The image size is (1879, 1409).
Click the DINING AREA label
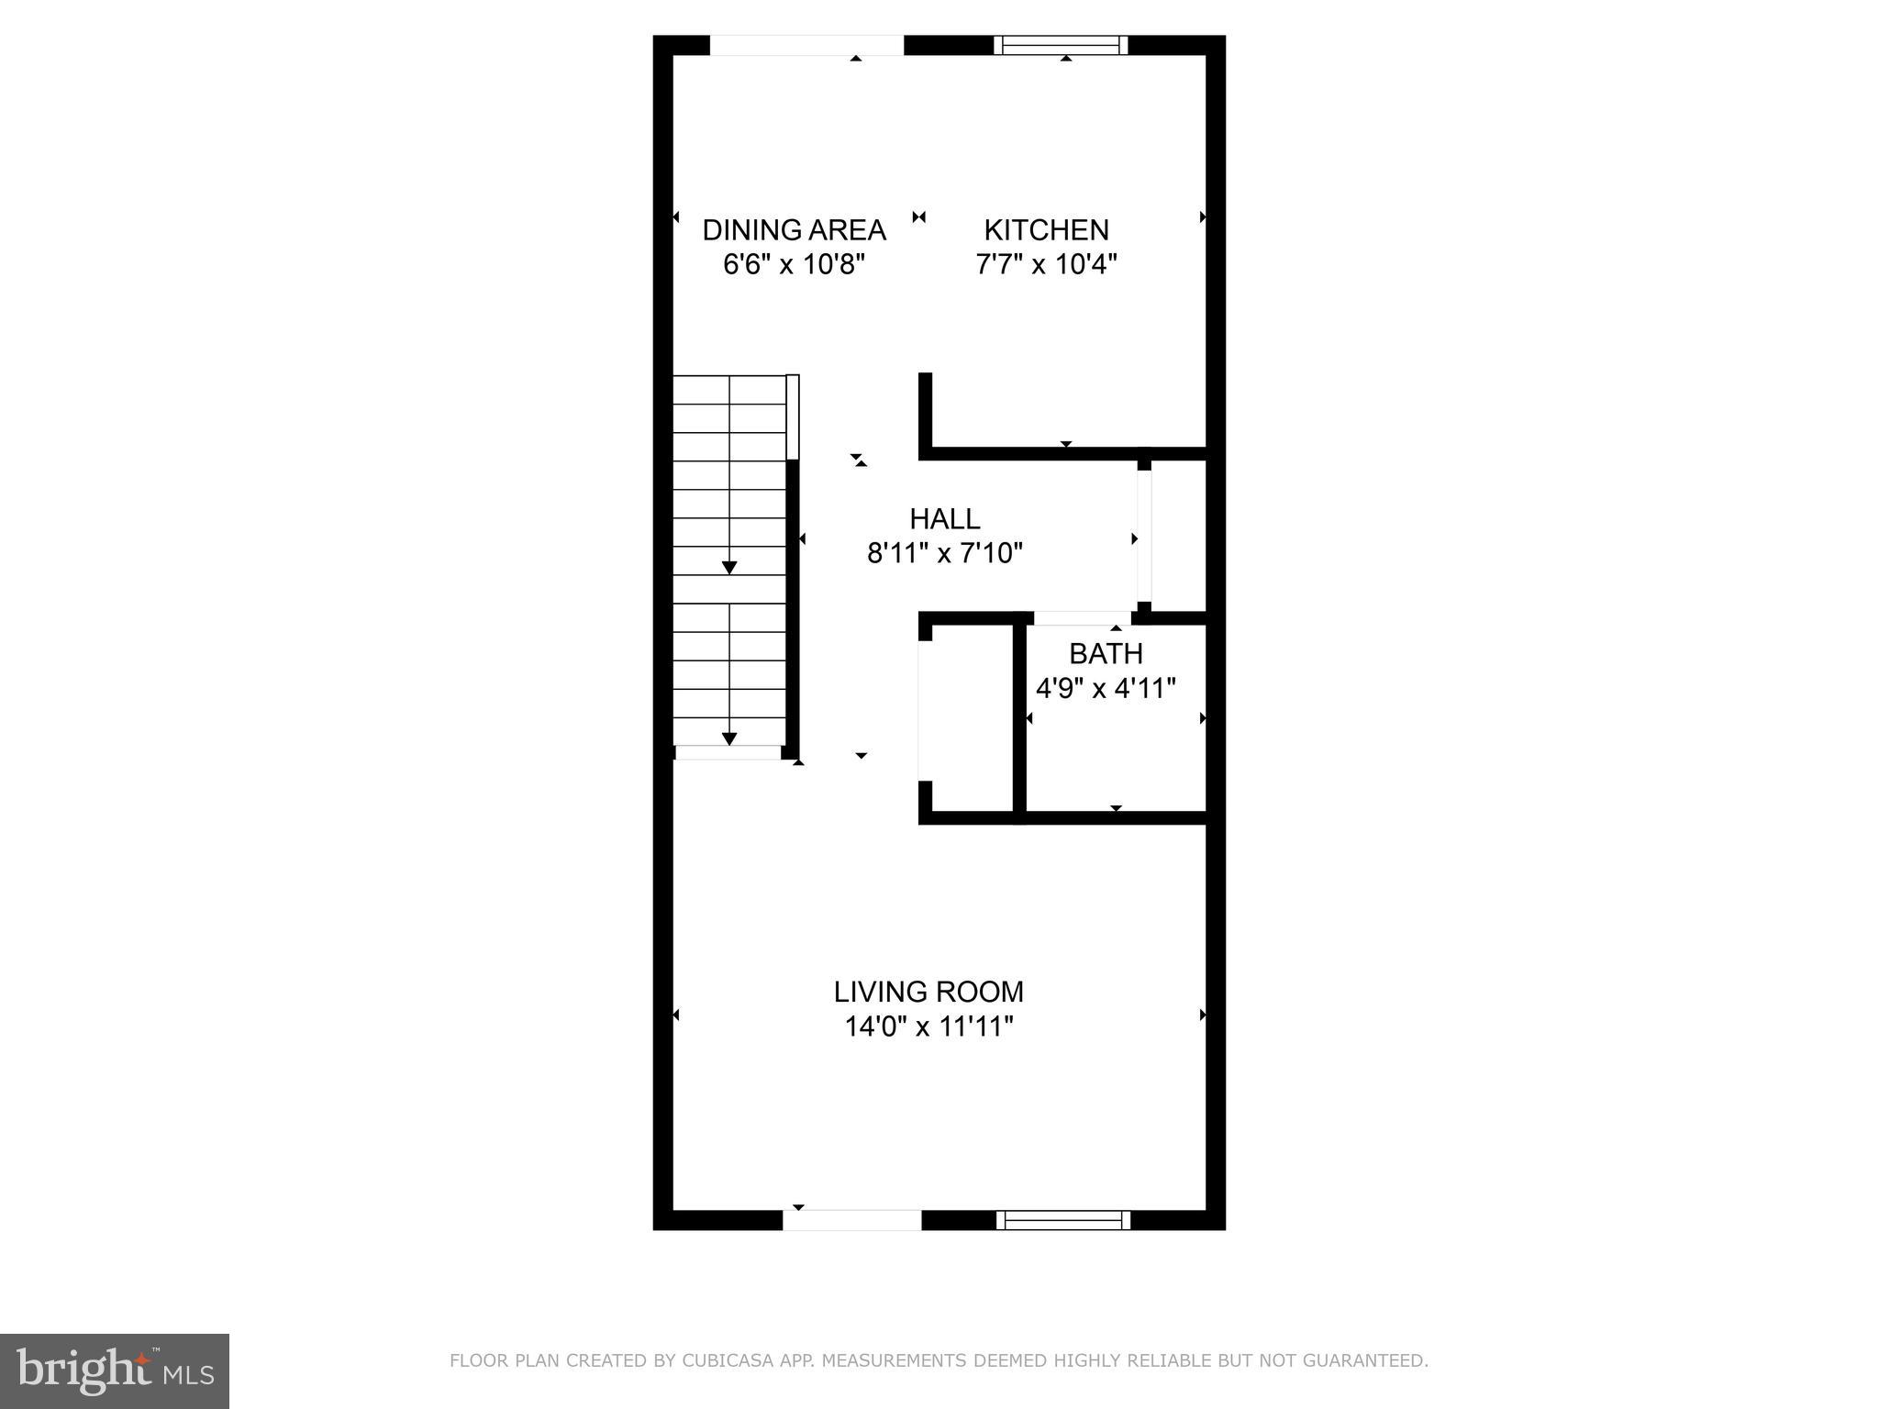[794, 229]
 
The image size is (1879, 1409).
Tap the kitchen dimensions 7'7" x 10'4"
[1046, 265]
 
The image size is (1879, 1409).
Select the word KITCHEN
[1046, 229]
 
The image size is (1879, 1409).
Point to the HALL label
[944, 519]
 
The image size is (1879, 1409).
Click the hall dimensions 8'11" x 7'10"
[944, 553]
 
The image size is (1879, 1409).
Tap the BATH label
[1106, 654]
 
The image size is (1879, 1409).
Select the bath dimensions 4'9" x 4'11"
[1106, 688]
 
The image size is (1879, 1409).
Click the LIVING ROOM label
[928, 992]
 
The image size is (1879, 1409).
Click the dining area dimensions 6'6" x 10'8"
[794, 265]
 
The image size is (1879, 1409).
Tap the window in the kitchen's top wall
[1062, 45]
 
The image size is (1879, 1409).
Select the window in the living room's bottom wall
[1062, 1220]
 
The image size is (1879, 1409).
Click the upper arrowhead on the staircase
[729, 568]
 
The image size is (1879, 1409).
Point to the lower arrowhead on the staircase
[729, 738]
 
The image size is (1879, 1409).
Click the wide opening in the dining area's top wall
[806, 45]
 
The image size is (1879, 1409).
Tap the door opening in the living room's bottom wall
[851, 1220]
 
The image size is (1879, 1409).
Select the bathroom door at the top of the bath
[1082, 618]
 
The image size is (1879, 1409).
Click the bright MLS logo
[115, 1370]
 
